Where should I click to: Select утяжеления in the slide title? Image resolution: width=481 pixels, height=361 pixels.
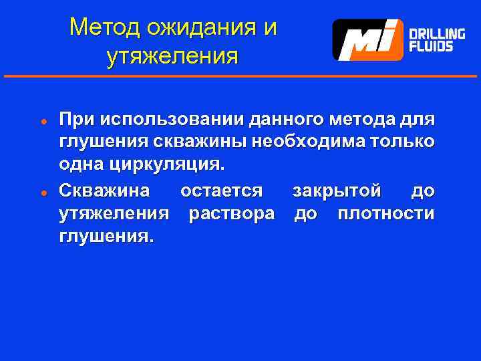(172, 57)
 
